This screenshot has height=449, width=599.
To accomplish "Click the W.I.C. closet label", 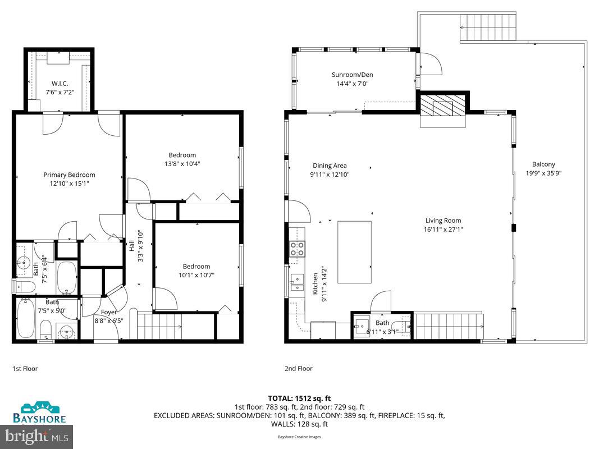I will point(60,84).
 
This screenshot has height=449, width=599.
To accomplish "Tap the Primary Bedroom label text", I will point(69,175).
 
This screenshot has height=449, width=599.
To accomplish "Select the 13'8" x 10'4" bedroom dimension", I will point(182,164).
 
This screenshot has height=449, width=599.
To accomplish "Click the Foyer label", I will point(109,312).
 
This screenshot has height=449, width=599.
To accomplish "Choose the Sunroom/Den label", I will point(352,75).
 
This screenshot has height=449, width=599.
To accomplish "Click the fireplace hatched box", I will point(443,104).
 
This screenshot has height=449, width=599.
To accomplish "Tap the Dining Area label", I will point(330,166).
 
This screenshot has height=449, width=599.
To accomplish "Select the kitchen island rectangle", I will point(354,252).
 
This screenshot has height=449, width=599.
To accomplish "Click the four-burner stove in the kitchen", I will point(296,249).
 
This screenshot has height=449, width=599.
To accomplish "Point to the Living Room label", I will point(443,221).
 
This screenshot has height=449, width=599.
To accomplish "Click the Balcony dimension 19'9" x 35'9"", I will point(543,173).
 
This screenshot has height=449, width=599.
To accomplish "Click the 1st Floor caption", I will point(25,369).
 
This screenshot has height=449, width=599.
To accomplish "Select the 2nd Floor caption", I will point(298,369).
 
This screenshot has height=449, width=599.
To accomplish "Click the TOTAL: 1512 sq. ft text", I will point(299,398).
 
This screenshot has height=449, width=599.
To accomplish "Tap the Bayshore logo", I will point(40,413).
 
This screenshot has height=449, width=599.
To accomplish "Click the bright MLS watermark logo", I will point(37,436).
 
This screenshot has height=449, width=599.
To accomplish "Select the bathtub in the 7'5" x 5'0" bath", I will point(26,319).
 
